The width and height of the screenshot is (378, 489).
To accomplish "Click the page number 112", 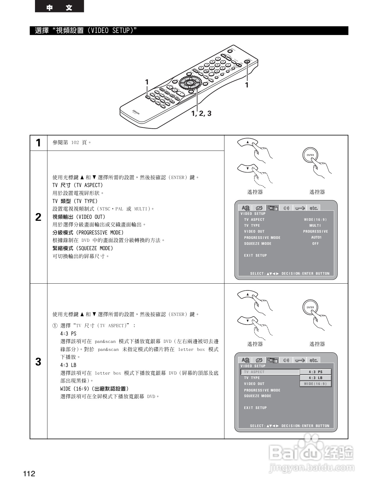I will [29, 474].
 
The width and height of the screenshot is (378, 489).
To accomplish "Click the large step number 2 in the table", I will [38, 217].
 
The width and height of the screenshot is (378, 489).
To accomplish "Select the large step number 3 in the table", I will [38, 362].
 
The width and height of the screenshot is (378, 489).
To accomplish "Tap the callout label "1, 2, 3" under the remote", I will [201, 113].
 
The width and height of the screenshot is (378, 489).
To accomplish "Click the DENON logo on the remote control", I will [136, 112].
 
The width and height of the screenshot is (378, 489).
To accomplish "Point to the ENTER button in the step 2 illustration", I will [310, 155].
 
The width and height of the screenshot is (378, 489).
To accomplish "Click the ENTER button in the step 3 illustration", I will [310, 308].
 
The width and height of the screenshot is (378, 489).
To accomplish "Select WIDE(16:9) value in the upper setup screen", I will [315, 220].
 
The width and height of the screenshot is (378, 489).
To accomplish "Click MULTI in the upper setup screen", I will [315, 226].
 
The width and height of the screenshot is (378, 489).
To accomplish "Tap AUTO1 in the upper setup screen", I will [316, 237].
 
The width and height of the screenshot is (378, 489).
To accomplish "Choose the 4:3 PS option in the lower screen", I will [315, 372].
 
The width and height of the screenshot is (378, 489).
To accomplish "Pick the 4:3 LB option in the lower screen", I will [315, 378].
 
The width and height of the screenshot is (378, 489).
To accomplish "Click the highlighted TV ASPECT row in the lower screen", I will [270, 372].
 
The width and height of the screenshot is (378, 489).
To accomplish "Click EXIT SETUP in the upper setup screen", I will [255, 255].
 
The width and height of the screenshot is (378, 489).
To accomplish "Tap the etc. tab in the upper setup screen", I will [313, 208].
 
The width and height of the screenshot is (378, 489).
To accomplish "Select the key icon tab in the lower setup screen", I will [299, 360].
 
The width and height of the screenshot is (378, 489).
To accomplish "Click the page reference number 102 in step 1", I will [75, 143].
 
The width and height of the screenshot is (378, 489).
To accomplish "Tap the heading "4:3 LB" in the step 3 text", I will [68, 365].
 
